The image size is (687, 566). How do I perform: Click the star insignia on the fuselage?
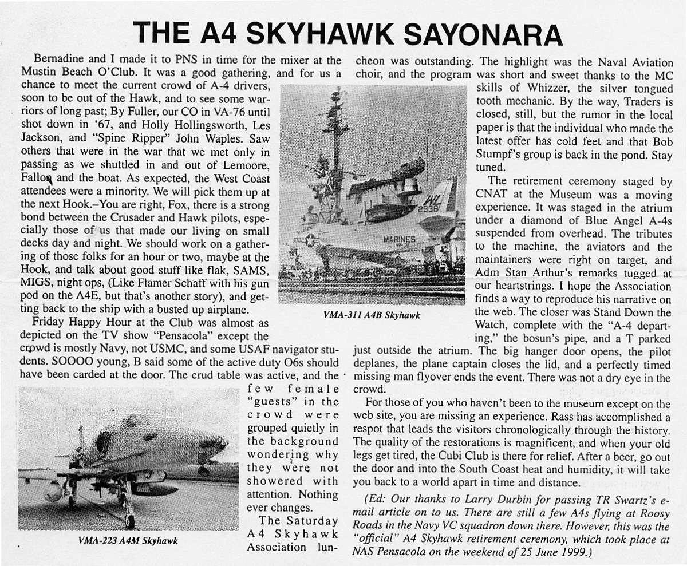point(310,240)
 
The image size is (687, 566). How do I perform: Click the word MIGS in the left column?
point(39,283)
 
